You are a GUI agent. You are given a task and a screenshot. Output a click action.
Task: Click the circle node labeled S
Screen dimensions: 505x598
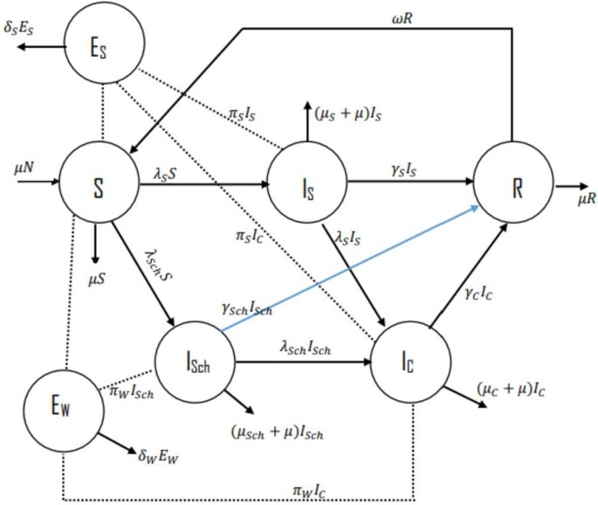99,184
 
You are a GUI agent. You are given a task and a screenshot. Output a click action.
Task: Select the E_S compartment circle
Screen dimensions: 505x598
105,45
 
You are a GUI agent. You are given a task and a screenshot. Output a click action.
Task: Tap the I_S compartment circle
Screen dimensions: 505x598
306,184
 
